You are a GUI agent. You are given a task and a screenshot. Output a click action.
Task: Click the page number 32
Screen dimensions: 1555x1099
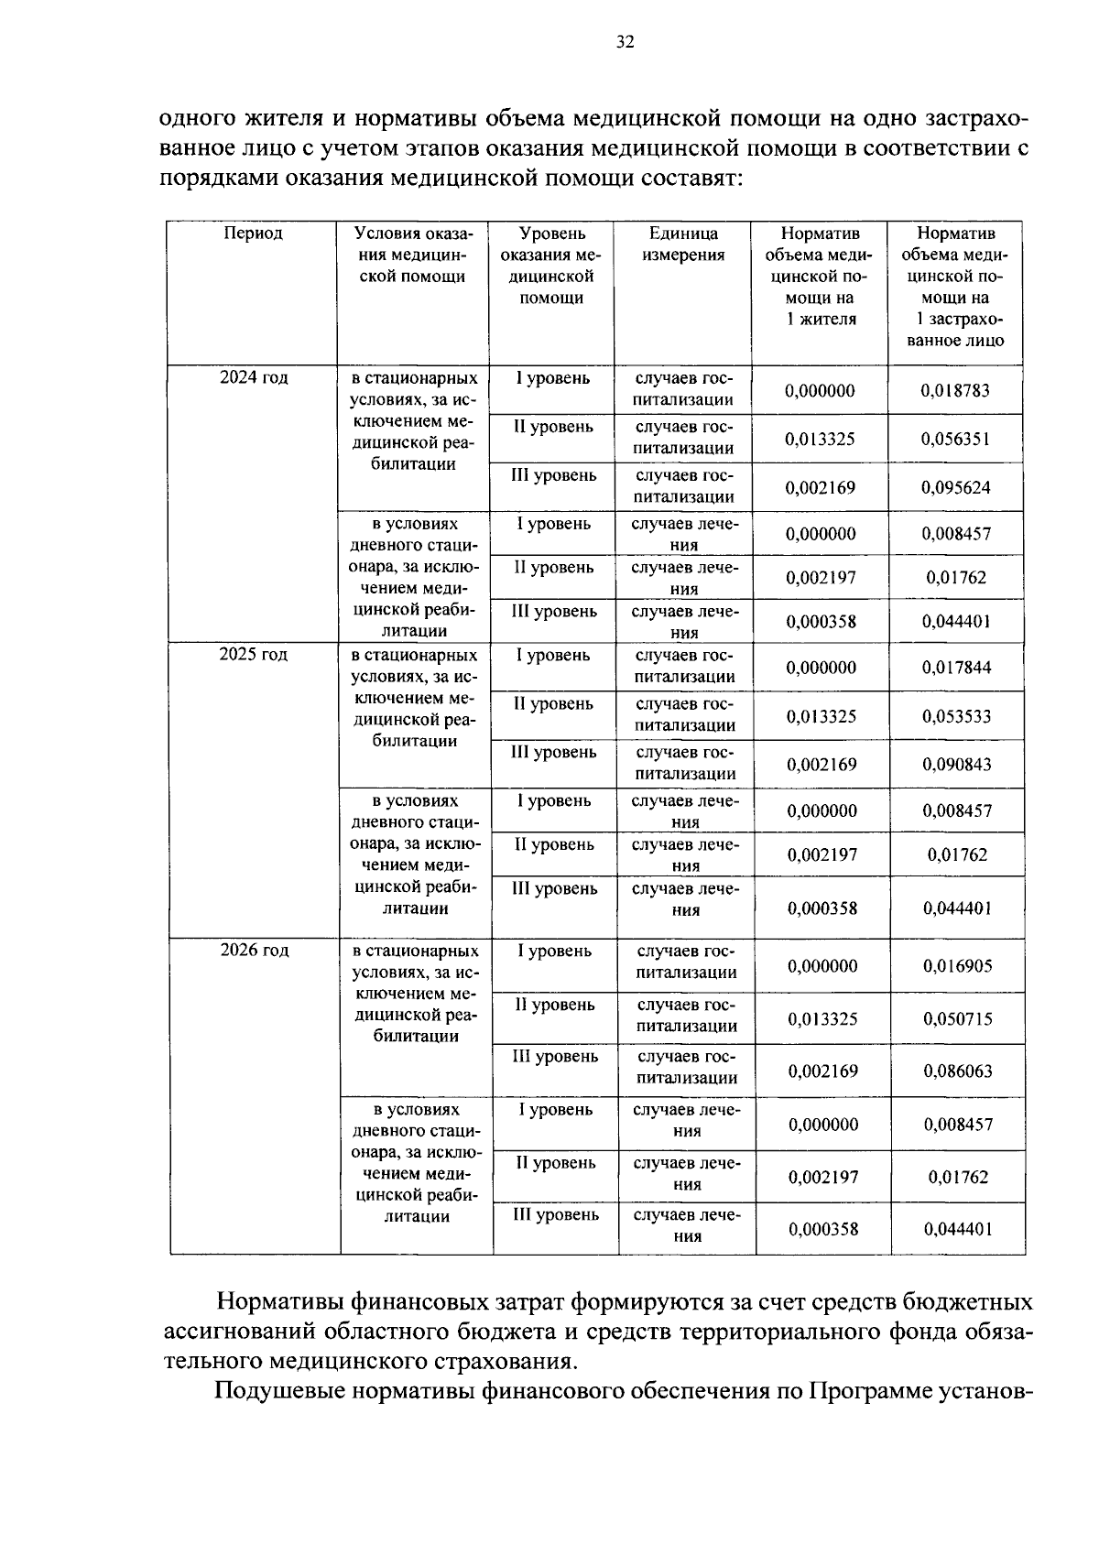tap(625, 42)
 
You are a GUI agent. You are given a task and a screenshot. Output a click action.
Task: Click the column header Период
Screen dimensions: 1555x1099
tap(253, 234)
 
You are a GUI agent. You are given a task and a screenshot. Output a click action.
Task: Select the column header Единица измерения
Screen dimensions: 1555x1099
tap(682, 245)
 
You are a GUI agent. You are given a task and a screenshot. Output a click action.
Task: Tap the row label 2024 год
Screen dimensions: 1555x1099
tap(254, 378)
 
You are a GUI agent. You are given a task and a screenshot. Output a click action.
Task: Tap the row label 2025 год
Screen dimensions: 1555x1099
tap(254, 655)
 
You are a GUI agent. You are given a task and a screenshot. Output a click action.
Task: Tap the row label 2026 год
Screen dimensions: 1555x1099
tap(255, 951)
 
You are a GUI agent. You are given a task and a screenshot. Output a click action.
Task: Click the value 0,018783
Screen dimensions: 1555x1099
tap(955, 391)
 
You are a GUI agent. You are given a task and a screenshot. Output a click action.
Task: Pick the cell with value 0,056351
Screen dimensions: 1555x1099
tap(955, 440)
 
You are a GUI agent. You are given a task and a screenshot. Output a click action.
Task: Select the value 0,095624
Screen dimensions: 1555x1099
tap(955, 488)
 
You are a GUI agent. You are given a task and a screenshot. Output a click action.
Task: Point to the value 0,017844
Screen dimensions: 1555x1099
tap(956, 669)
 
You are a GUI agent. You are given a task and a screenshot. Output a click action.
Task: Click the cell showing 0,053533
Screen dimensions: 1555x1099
tap(956, 717)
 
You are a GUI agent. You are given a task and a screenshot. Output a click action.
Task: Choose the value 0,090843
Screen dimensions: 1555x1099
tap(956, 765)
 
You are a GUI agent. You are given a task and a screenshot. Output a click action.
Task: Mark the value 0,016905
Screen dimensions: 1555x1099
tap(957, 966)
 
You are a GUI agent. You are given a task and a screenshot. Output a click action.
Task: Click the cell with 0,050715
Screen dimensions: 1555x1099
tap(957, 1019)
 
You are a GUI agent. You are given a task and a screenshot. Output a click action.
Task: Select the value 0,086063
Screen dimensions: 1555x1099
tap(957, 1071)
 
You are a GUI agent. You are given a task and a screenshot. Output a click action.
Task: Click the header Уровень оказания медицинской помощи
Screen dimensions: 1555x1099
tap(551, 266)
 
